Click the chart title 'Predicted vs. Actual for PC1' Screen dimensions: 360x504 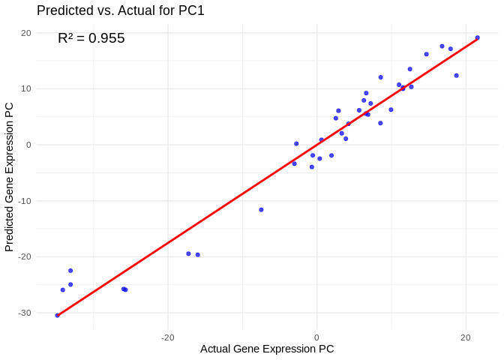[121, 10]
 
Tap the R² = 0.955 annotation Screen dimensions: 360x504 [91, 37]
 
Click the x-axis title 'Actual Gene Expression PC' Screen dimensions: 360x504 [267, 349]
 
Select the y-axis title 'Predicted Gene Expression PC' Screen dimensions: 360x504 [10, 177]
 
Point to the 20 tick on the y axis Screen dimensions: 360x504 [25, 33]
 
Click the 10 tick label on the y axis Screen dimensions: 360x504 [25, 88]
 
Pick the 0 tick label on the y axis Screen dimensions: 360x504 [28, 145]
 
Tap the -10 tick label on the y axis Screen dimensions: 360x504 [25, 201]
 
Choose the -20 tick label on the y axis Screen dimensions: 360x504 [25, 256]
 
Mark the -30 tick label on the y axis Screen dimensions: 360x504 [25, 313]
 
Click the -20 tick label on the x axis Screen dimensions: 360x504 [167, 337]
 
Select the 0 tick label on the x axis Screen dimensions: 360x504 [316, 337]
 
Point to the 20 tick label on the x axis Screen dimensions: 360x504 [465, 337]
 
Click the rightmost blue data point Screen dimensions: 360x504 [477, 37]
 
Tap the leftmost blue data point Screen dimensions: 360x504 [57, 315]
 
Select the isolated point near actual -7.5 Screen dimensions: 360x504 [261, 210]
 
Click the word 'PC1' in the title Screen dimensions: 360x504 [190, 10]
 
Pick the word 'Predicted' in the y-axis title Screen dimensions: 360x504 [10, 225]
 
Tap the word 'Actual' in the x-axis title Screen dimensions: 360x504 [216, 349]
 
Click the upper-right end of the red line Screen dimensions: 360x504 [478, 39]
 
